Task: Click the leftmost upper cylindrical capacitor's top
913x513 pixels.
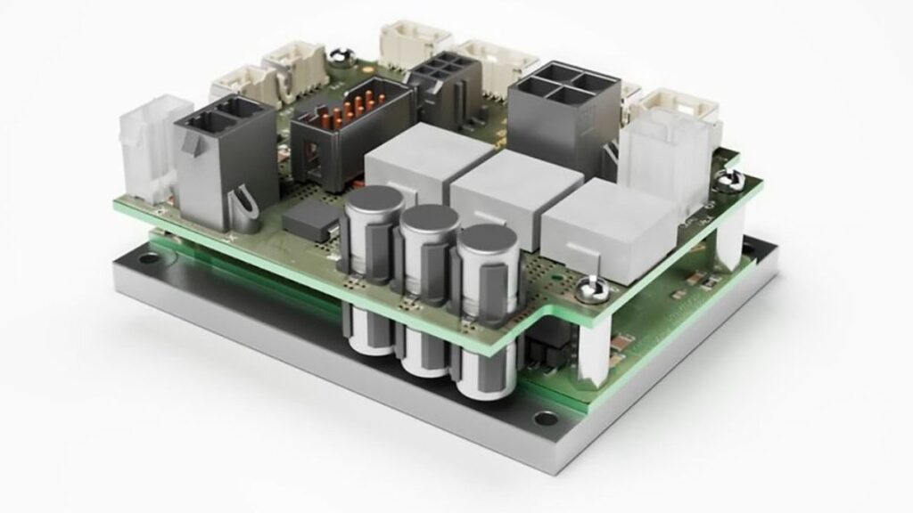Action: [x=367, y=206]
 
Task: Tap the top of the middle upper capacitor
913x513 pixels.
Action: [x=424, y=220]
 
